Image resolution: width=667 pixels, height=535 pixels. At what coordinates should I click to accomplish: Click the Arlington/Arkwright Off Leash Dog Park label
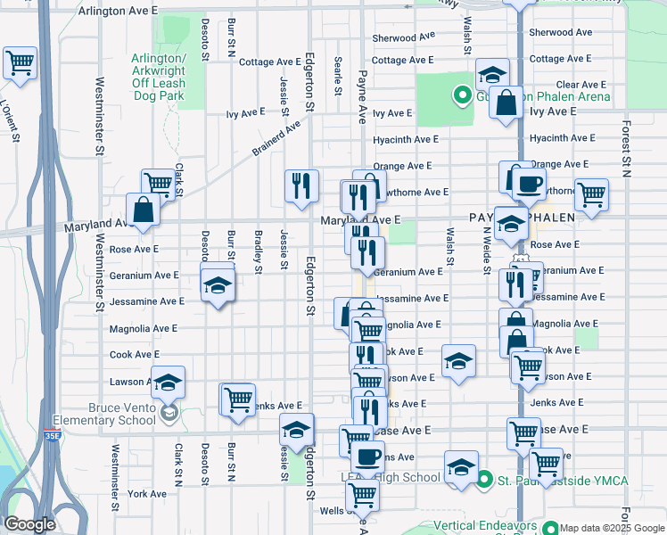pyautogui.click(x=159, y=77)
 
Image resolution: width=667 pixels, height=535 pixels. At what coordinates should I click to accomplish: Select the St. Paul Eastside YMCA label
pyautogui.click(x=563, y=481)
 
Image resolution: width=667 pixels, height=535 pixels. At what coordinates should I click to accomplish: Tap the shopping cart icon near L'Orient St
pyautogui.click(x=20, y=62)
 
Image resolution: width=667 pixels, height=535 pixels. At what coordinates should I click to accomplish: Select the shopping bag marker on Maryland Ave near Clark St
pyautogui.click(x=143, y=210)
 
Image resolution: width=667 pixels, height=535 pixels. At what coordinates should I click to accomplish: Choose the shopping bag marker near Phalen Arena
pyautogui.click(x=506, y=101)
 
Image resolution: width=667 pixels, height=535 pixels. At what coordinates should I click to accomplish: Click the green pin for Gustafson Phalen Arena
pyautogui.click(x=462, y=95)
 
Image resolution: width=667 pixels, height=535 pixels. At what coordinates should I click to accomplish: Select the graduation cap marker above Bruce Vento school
pyautogui.click(x=168, y=383)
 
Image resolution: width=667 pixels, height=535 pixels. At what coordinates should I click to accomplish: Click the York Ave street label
pyautogui.click(x=147, y=493)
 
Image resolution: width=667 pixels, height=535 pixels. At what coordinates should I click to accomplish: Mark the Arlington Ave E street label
pyautogui.click(x=118, y=11)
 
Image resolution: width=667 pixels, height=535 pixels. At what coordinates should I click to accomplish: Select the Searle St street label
pyautogui.click(x=339, y=77)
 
